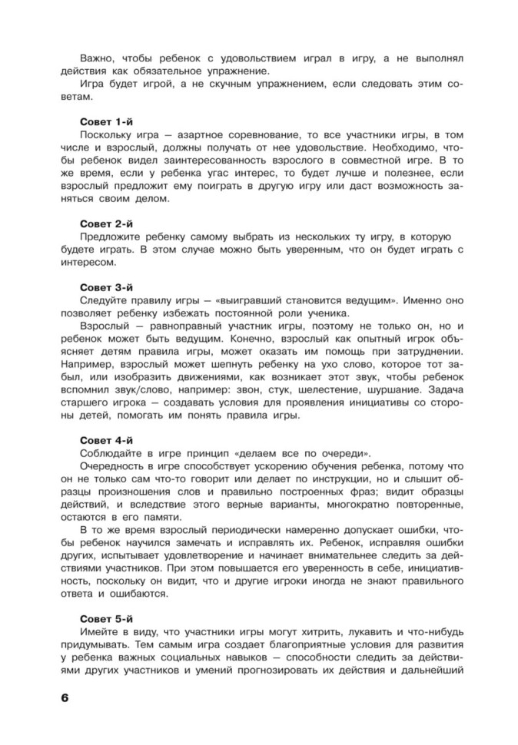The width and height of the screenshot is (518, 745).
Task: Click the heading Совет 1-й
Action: click(x=108, y=122)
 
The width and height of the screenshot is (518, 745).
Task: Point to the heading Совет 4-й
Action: click(x=108, y=440)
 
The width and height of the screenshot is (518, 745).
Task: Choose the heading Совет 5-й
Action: click(x=108, y=618)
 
